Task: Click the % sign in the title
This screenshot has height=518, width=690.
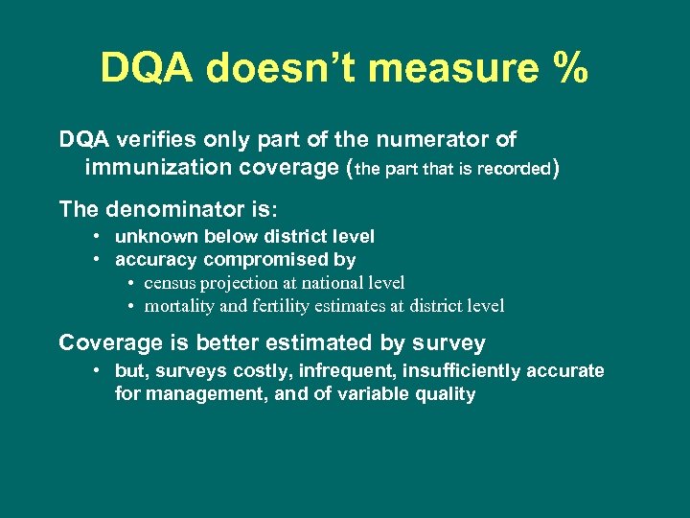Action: point(567,69)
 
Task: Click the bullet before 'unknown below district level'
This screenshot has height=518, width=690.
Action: point(98,236)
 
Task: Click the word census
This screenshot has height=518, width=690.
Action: point(170,283)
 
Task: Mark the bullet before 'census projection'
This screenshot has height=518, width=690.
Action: point(129,283)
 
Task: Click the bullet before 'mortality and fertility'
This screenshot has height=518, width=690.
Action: point(129,307)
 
